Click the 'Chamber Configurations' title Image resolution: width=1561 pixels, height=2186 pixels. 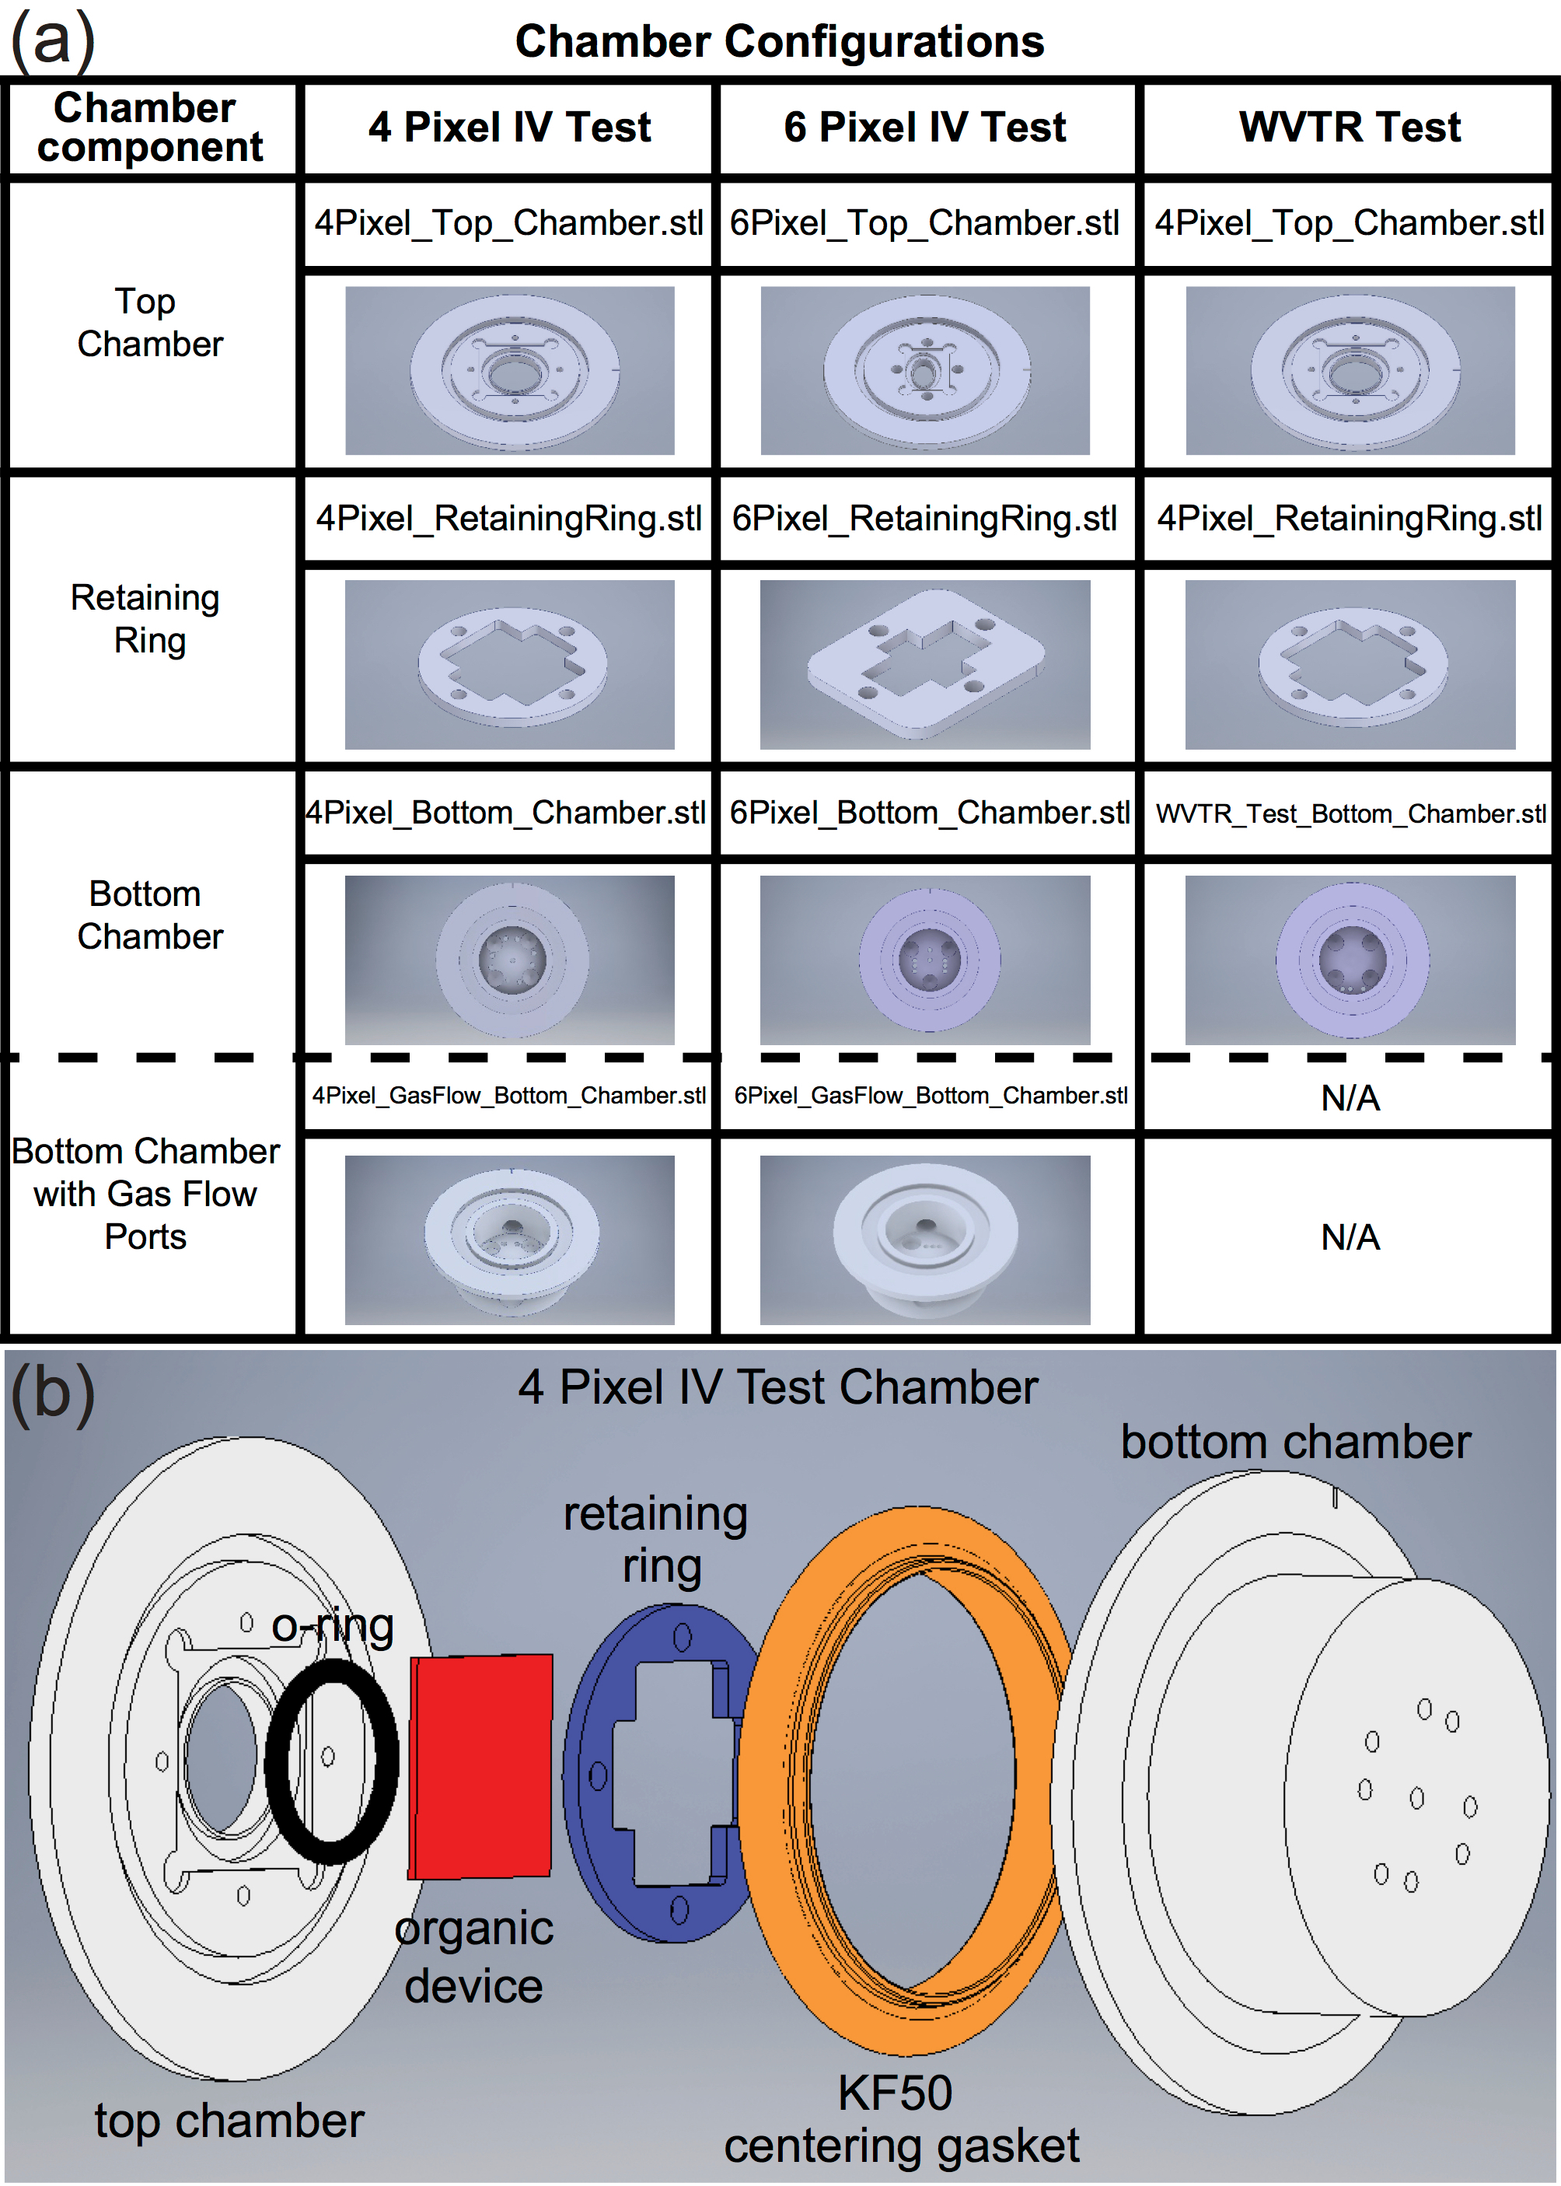click(780, 41)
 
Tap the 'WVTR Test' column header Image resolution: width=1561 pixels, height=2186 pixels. click(1350, 127)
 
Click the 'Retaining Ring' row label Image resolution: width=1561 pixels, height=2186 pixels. click(146, 618)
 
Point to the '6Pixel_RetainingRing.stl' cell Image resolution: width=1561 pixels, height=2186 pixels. click(924, 518)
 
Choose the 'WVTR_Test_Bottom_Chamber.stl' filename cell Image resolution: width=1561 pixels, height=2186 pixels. click(1350, 813)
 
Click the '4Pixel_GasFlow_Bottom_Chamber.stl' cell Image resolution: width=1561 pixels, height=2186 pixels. click(509, 1095)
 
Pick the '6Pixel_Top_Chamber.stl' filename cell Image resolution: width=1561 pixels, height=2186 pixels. click(924, 223)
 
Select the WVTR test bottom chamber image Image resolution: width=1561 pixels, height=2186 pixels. click(1350, 960)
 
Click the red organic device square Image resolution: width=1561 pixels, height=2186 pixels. click(480, 1766)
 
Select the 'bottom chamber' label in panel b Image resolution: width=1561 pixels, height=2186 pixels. click(1296, 1442)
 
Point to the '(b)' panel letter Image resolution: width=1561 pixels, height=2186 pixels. click(53, 1391)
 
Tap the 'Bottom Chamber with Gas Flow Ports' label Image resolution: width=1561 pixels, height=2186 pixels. click(146, 1193)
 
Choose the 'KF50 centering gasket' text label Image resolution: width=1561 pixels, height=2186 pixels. click(901, 2118)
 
